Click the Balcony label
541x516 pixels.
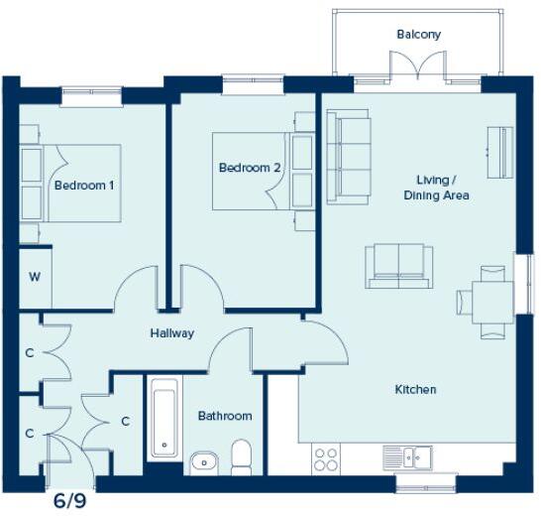click(418, 35)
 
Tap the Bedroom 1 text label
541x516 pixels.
click(84, 186)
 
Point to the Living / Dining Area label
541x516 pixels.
click(436, 188)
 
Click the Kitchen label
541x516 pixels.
click(415, 390)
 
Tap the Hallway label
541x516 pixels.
click(171, 333)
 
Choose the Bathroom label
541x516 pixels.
click(225, 416)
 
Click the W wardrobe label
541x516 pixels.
click(35, 276)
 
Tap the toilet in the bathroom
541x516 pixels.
click(241, 456)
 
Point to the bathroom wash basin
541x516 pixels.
click(204, 460)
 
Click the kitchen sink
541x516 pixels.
click(407, 457)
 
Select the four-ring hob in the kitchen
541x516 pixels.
click(326, 458)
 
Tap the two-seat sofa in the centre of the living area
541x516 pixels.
click(398, 265)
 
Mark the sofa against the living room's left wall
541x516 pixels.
click(349, 156)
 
